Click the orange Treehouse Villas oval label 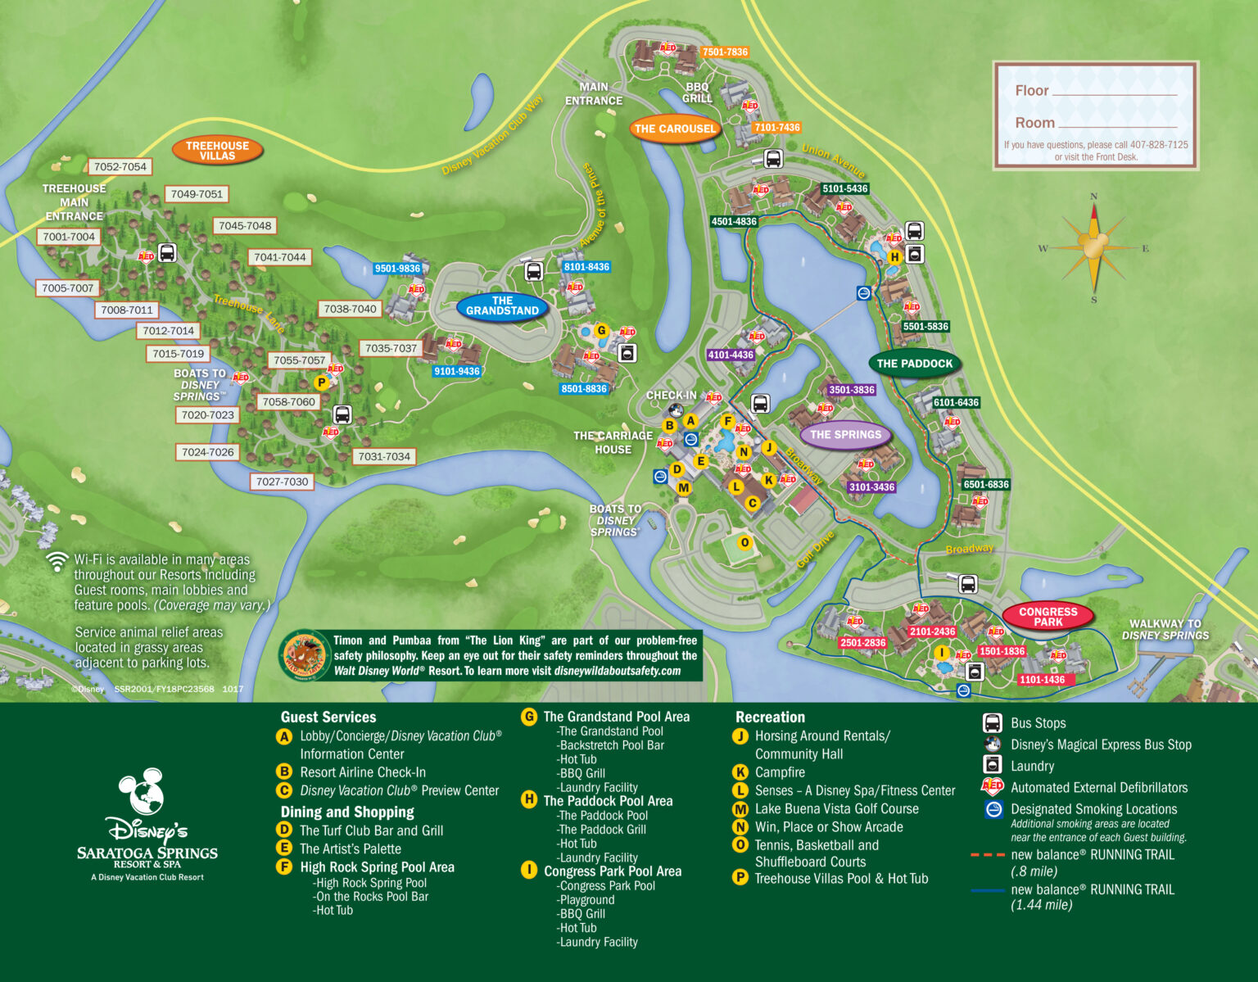tap(217, 151)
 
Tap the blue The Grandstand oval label tap(502, 305)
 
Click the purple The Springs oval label tap(845, 435)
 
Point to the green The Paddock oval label tap(914, 364)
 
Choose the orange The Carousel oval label tap(675, 129)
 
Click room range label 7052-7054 tap(120, 167)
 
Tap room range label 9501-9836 tap(397, 269)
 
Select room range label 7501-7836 tap(725, 52)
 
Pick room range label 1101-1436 tap(1042, 680)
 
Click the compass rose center tap(1093, 247)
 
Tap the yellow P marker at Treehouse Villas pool tap(322, 382)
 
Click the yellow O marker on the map tap(744, 542)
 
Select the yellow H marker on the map tap(894, 256)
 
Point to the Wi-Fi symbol tap(57, 562)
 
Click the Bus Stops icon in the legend tap(992, 723)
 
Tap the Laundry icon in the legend tap(992, 765)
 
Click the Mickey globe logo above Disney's tap(142, 791)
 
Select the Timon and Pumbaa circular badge tap(305, 656)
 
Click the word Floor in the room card tap(1031, 91)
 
